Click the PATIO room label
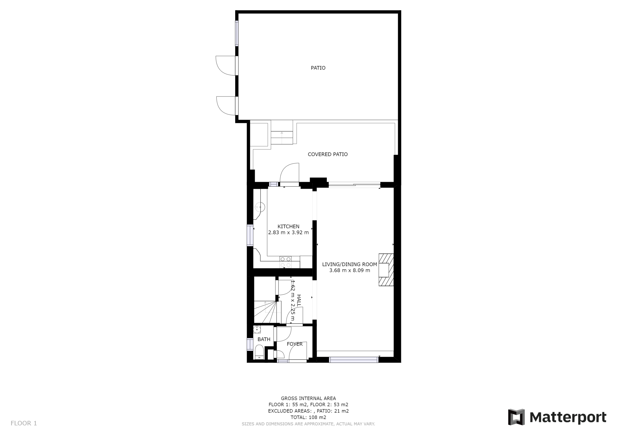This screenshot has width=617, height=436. pyautogui.click(x=318, y=68)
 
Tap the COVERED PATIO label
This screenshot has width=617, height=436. pyautogui.click(x=328, y=154)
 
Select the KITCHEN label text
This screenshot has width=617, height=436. pyautogui.click(x=288, y=226)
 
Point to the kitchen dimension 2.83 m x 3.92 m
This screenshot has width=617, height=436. pyautogui.click(x=288, y=233)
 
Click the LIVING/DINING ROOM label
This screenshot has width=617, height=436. pyautogui.click(x=350, y=264)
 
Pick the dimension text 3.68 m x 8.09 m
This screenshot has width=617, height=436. pyautogui.click(x=350, y=271)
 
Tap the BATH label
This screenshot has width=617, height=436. pyautogui.click(x=264, y=339)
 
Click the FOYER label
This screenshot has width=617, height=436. pyautogui.click(x=295, y=344)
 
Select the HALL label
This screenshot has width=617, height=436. pyautogui.click(x=299, y=300)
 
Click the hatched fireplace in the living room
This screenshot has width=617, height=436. pyautogui.click(x=386, y=270)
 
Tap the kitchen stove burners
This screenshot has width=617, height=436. pyautogui.click(x=285, y=262)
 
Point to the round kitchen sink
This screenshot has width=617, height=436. pyautogui.click(x=260, y=207)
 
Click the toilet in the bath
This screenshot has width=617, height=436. pyautogui.click(x=259, y=352)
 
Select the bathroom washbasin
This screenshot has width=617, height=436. pyautogui.click(x=257, y=329)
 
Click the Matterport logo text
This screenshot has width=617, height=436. pyautogui.click(x=568, y=417)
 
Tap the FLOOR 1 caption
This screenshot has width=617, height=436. pyautogui.click(x=24, y=423)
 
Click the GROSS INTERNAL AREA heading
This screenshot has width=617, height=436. pyautogui.click(x=308, y=398)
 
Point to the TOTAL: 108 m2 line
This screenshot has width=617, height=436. pyautogui.click(x=308, y=417)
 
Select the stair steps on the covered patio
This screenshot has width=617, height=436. pyautogui.click(x=282, y=138)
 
